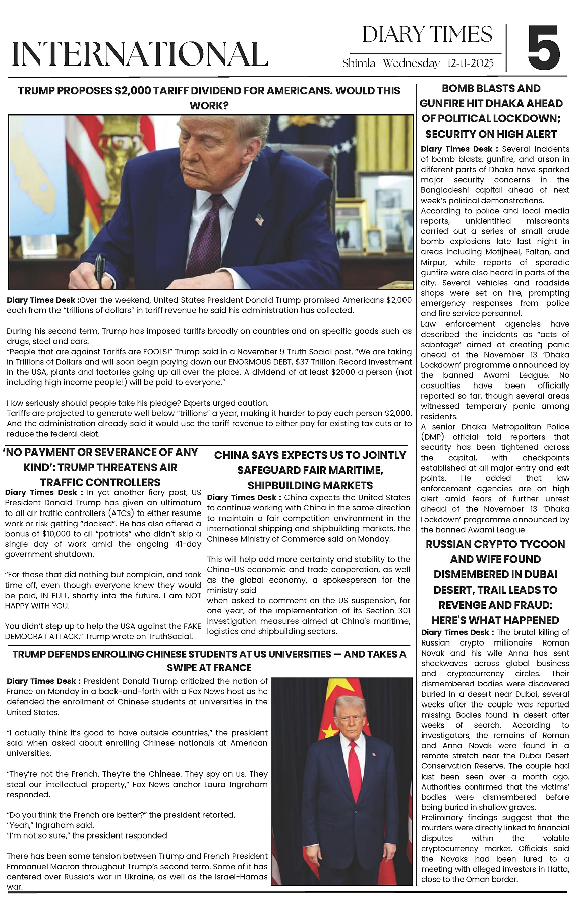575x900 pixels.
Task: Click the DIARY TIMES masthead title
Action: point(427,35)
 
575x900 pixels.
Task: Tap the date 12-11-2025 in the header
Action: point(470,63)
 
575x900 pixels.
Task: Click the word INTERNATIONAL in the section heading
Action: point(140,54)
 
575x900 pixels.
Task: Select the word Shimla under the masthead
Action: point(359,63)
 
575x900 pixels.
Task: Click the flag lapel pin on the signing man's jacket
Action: point(260,219)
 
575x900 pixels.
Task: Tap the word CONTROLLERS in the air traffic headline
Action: point(100,482)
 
